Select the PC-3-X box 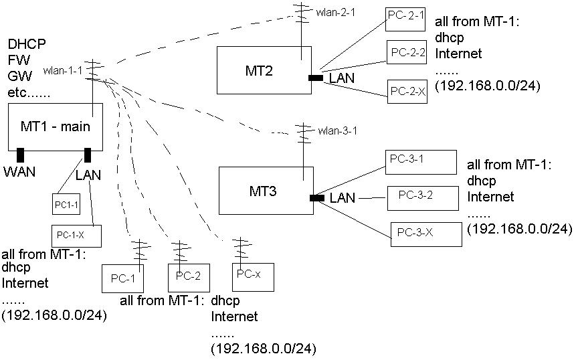click(x=425, y=233)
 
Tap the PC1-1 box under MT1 click(x=66, y=203)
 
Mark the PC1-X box click(x=76, y=235)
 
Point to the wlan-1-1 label click(x=62, y=70)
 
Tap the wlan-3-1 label click(x=339, y=130)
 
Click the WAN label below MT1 click(x=19, y=171)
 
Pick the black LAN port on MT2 click(x=315, y=78)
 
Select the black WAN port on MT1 click(x=20, y=155)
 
